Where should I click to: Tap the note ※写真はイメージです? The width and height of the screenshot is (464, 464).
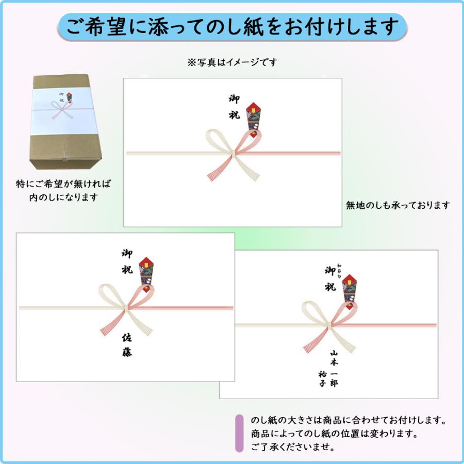(232, 62)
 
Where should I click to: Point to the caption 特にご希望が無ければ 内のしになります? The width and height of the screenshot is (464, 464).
(63, 190)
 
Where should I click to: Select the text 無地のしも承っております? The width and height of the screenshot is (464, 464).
(397, 205)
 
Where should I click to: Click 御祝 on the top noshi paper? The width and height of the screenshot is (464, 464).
(234, 107)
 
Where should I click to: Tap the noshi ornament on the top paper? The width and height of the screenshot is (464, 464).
(253, 118)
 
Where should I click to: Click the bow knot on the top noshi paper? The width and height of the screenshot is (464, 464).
(235, 152)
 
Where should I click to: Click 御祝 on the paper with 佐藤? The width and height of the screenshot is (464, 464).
(127, 261)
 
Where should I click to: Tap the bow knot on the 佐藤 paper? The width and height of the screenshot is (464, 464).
(127, 308)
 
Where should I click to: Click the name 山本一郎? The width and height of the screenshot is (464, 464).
(334, 368)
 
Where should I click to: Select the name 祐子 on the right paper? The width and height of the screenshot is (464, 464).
(322, 379)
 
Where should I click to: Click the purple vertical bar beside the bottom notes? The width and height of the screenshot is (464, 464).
(239, 433)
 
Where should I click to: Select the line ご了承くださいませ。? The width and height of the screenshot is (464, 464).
(293, 446)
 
